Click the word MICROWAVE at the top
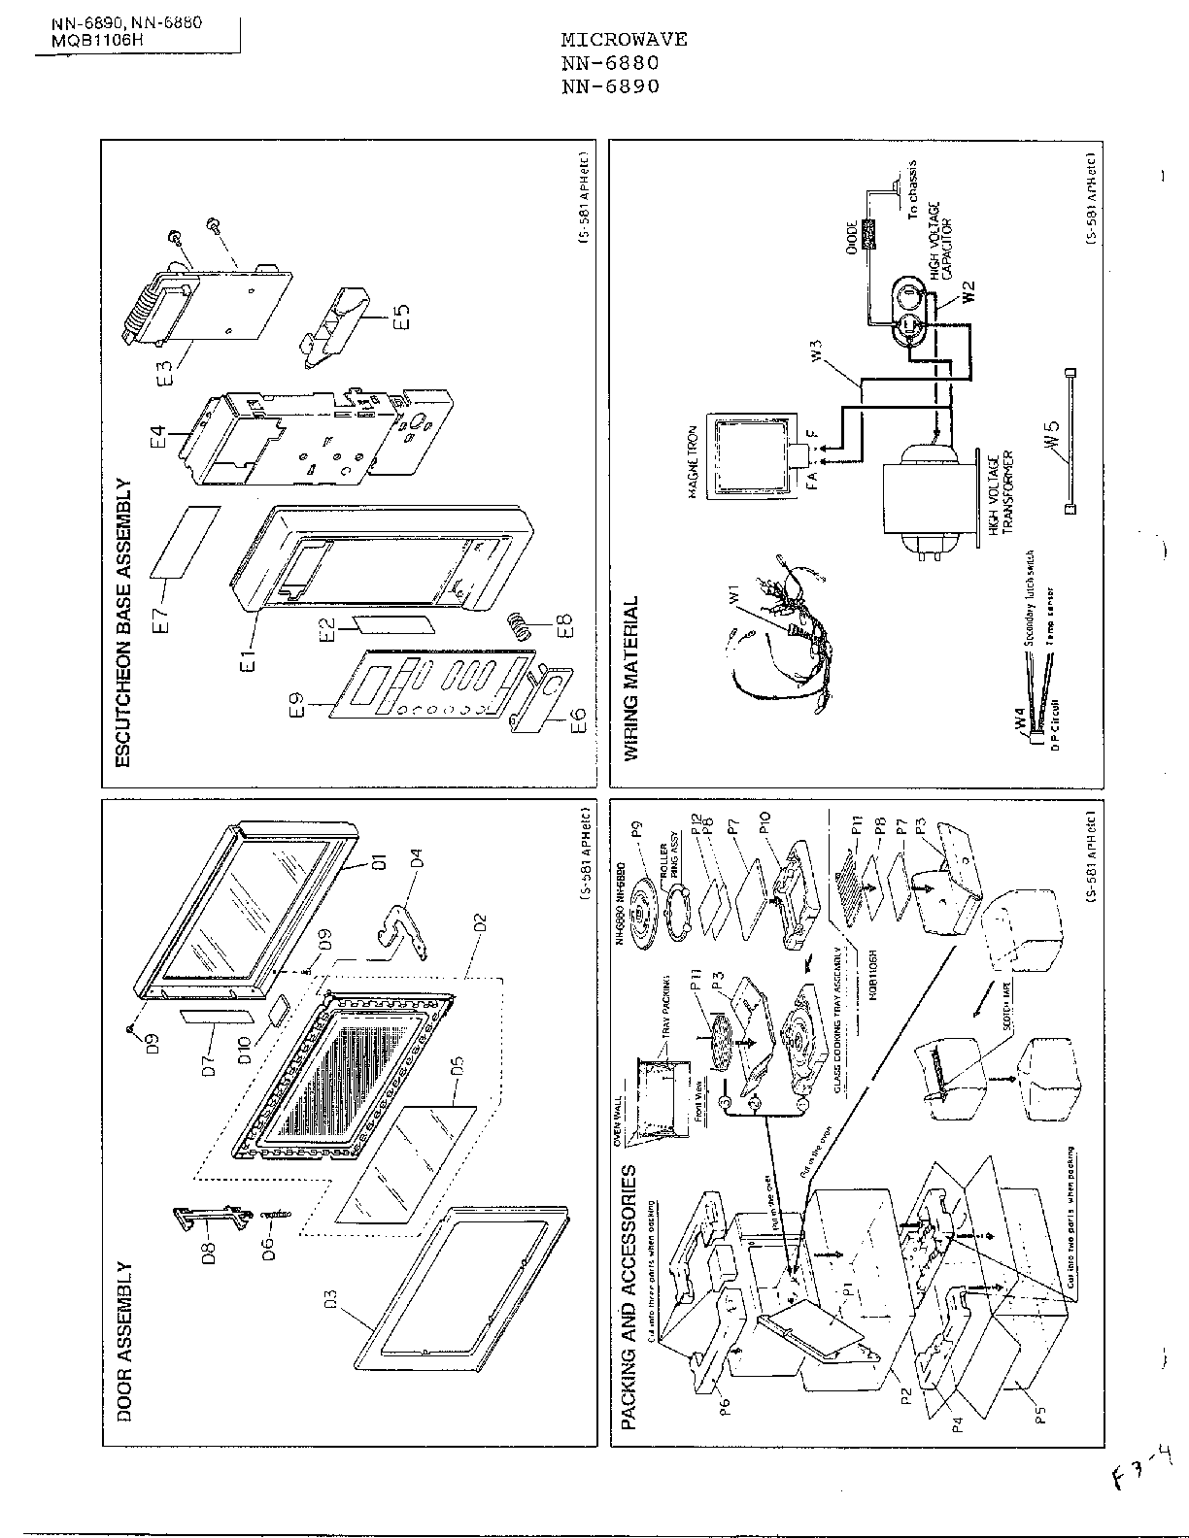point(624,40)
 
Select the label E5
point(401,318)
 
